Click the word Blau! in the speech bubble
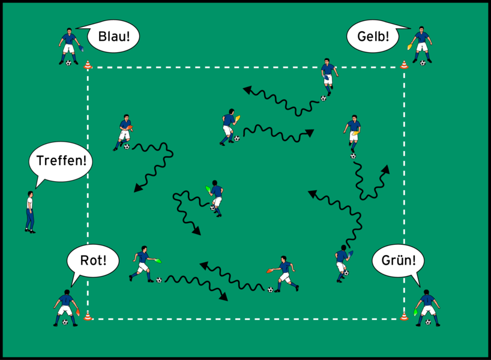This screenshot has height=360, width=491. pyautogui.click(x=113, y=37)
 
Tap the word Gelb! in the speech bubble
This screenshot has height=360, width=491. pyautogui.click(x=372, y=37)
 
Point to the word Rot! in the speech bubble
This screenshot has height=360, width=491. pyautogui.click(x=94, y=261)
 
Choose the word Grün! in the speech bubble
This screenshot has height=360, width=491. pyautogui.click(x=398, y=261)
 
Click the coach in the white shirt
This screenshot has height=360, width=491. pyautogui.click(x=29, y=211)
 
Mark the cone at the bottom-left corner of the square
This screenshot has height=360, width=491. pyautogui.click(x=88, y=316)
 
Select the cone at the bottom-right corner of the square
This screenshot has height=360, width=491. pyautogui.click(x=404, y=315)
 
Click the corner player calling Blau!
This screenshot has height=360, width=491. pyautogui.click(x=68, y=44)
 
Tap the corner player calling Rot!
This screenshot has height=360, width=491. pyautogui.click(x=65, y=307)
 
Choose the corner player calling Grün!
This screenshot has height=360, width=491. pyautogui.click(x=427, y=307)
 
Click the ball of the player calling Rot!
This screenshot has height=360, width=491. pyautogui.click(x=65, y=322)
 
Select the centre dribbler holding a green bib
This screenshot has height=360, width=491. pyautogui.click(x=215, y=197)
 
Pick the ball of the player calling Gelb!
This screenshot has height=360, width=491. pyautogui.click(x=423, y=62)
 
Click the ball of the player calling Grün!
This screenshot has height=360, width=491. pyautogui.click(x=427, y=322)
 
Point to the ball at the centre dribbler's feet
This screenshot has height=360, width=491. pyautogui.click(x=213, y=208)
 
